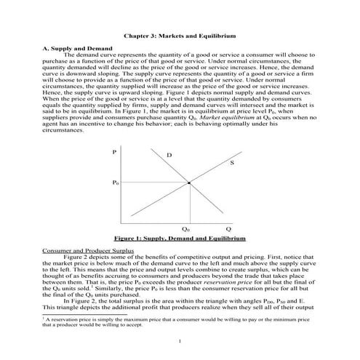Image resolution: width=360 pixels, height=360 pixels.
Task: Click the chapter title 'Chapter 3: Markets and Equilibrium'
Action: (x=180, y=34)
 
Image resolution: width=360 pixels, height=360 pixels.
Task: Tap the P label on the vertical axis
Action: (x=114, y=151)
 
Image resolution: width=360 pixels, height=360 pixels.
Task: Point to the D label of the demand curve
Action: (x=169, y=156)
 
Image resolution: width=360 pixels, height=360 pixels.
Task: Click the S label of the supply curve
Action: (x=231, y=162)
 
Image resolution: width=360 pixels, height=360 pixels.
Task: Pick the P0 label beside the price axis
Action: (x=116, y=183)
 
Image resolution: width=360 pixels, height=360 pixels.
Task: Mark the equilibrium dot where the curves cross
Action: (x=190, y=183)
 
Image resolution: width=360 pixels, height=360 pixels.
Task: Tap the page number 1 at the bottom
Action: (x=180, y=340)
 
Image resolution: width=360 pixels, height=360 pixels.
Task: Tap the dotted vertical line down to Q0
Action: (x=190, y=204)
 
